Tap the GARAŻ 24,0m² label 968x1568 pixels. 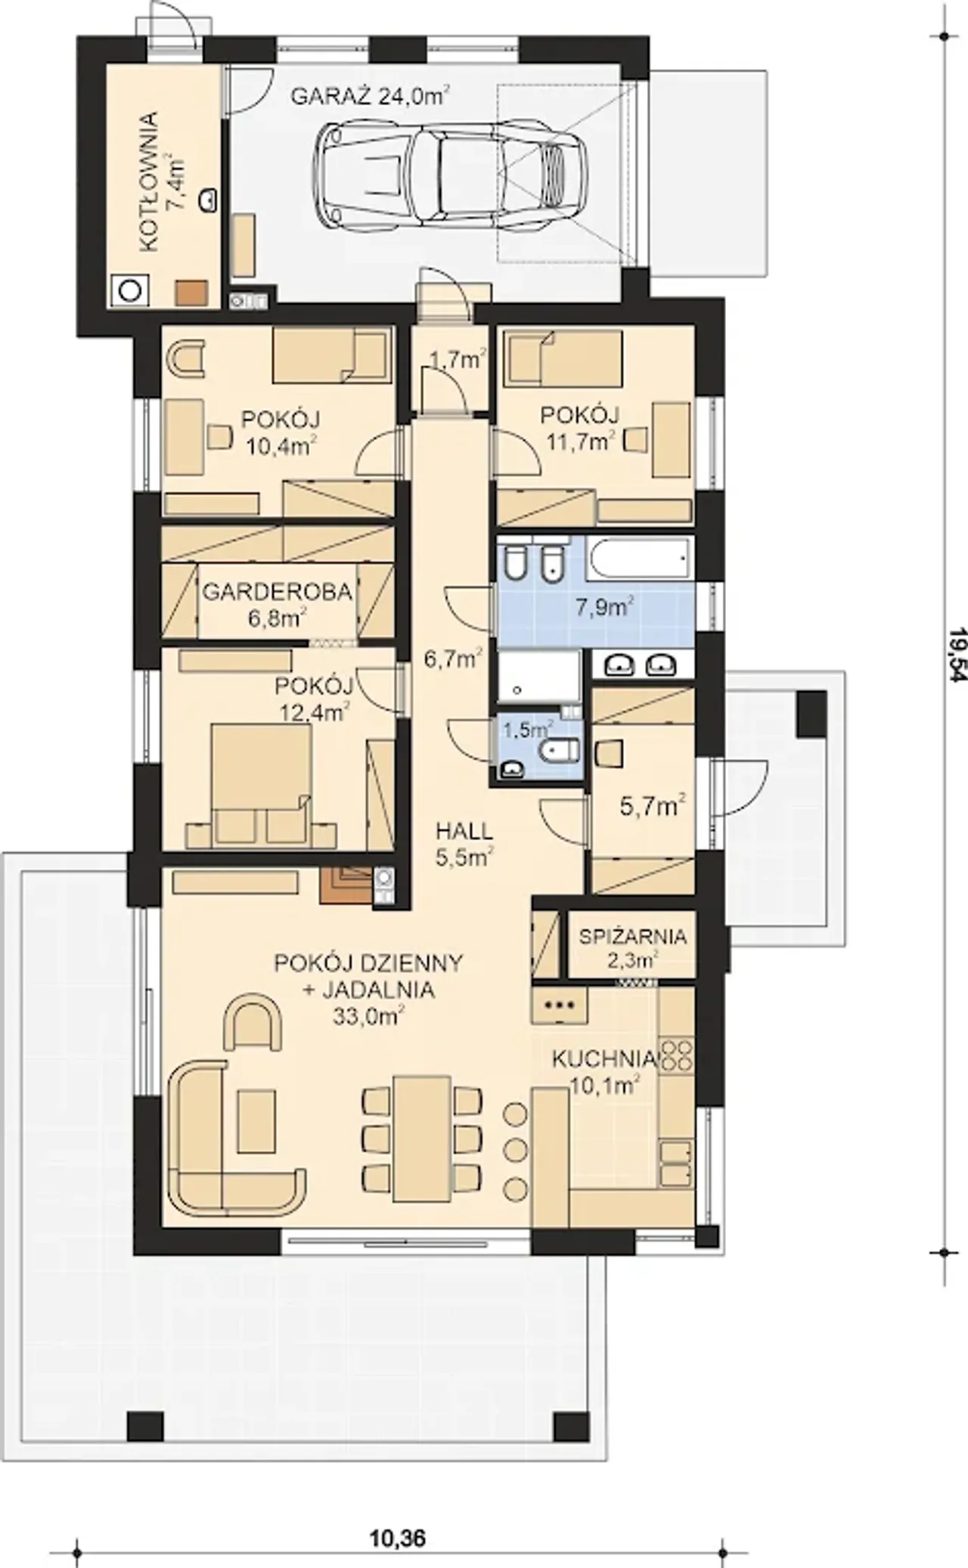click(371, 96)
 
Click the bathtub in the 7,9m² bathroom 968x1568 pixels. click(640, 560)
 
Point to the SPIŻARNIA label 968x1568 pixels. click(633, 936)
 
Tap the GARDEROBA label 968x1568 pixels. click(278, 591)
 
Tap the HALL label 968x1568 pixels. click(464, 831)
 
